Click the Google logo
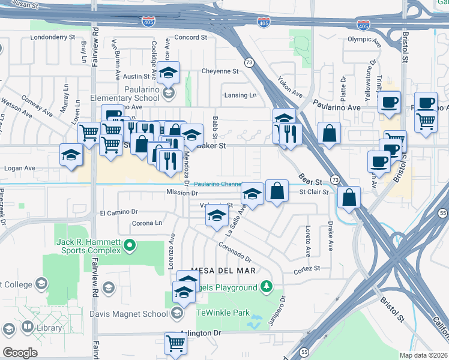[20, 352]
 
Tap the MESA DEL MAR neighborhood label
[223, 271]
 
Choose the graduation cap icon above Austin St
[169, 72]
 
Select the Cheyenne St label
[220, 71]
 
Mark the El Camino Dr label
[119, 212]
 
